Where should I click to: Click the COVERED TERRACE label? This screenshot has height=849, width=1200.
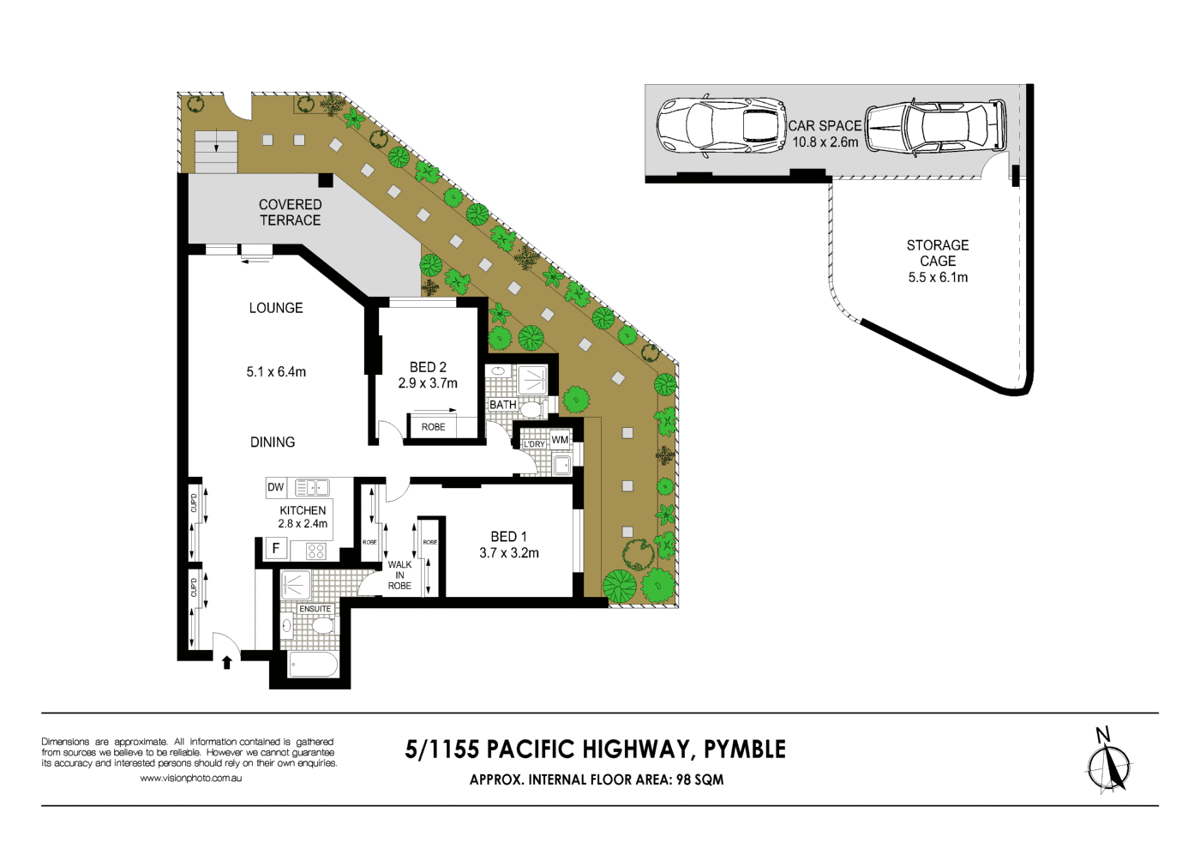(290, 213)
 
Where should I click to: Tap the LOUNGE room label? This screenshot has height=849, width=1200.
(276, 308)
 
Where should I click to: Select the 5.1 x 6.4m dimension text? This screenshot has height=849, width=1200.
(276, 372)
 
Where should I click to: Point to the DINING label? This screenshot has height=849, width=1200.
(273, 443)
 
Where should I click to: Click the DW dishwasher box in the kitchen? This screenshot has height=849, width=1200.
(275, 487)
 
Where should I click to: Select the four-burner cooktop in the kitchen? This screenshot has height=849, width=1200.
(315, 551)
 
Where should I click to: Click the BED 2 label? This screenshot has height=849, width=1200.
(428, 367)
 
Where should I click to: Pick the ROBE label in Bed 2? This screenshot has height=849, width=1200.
(433, 427)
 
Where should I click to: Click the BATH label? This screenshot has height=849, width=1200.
(503, 405)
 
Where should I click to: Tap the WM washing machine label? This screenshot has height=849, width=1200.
(560, 440)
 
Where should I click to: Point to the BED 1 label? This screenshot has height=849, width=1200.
(509, 537)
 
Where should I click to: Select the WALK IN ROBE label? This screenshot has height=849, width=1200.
(399, 575)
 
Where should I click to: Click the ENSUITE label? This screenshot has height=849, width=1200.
(315, 609)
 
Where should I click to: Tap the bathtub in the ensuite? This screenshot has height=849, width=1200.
(313, 664)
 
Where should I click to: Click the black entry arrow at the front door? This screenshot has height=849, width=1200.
(227, 662)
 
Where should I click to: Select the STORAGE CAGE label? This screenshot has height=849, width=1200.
(938, 253)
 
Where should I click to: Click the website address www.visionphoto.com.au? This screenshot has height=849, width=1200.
(190, 779)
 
